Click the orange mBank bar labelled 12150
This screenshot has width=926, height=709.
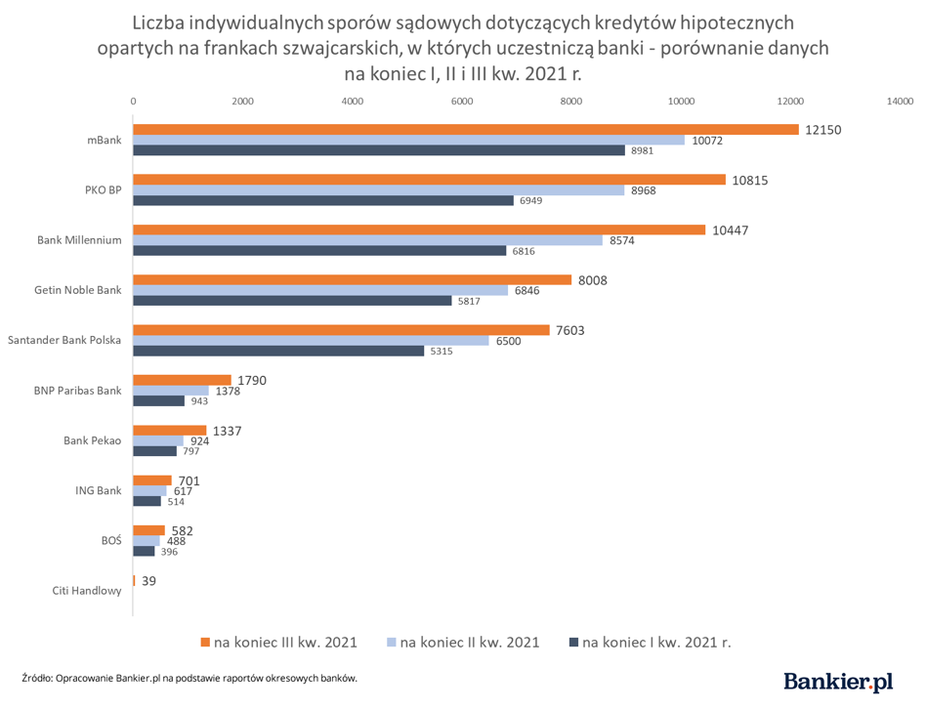point(466,130)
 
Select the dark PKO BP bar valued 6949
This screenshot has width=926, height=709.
point(323,200)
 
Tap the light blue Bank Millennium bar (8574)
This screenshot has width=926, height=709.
point(368,240)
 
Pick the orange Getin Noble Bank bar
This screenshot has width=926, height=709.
point(352,280)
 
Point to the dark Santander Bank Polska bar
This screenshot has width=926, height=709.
point(278,351)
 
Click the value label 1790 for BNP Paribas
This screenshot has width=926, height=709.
point(251,380)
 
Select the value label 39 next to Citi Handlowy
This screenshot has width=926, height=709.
point(148,580)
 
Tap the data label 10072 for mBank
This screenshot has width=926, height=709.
point(706,141)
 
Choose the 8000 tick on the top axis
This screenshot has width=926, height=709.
point(571,101)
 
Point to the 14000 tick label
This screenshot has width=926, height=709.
point(899,101)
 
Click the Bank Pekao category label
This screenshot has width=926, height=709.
point(92,440)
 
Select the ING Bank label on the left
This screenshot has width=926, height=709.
point(99,490)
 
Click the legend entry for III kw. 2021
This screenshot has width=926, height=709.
point(278,642)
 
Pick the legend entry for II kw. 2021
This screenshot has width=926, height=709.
point(464,642)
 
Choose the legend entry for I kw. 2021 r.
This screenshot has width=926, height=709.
point(650,642)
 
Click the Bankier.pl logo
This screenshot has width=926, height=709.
point(838,682)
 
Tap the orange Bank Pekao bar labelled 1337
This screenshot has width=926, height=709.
point(170,431)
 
